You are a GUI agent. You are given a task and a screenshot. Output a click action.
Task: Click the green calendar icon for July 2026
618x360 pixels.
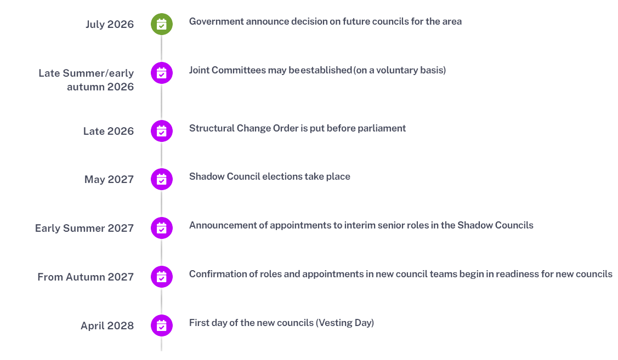162,24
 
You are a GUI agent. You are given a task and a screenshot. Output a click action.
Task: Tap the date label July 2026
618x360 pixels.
110,25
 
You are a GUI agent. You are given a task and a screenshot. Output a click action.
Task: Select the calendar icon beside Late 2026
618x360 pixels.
162,131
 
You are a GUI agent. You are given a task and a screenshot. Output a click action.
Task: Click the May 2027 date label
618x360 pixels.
109,180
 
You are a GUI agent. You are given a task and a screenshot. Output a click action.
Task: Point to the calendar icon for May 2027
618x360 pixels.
162,179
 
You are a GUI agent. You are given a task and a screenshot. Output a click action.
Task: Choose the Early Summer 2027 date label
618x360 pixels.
84,228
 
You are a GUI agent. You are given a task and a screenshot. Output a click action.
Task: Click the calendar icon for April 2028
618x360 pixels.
162,325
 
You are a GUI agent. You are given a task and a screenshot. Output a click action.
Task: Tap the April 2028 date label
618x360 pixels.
107,325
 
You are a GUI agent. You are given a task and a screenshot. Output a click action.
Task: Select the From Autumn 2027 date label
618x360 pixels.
86,277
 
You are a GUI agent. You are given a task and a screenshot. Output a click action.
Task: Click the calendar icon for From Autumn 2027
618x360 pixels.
162,277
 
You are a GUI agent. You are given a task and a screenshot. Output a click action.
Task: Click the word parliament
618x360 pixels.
382,128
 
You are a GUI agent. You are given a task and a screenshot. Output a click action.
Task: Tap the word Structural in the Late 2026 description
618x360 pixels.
212,128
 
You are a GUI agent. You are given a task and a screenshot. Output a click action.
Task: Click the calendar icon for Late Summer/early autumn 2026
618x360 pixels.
162,73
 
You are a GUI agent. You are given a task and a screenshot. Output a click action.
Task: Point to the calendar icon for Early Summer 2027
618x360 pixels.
162,227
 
